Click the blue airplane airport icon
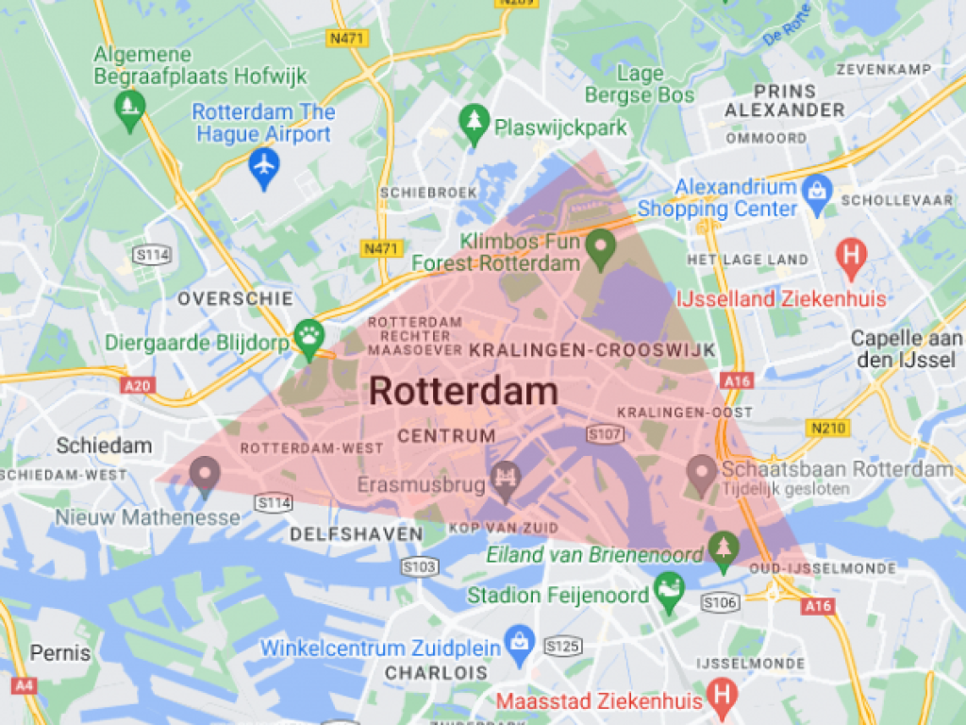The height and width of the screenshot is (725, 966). click(264, 166)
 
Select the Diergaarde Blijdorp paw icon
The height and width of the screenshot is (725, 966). click(308, 333)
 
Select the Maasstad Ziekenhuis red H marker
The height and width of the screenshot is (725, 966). click(723, 694)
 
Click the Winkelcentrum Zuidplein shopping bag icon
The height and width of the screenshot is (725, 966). click(518, 641)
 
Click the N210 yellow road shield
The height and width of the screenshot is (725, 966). click(828, 429)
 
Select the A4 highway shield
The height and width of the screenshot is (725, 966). click(25, 684)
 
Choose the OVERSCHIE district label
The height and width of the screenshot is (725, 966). click(236, 298)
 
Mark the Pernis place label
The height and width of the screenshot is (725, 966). click(60, 652)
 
